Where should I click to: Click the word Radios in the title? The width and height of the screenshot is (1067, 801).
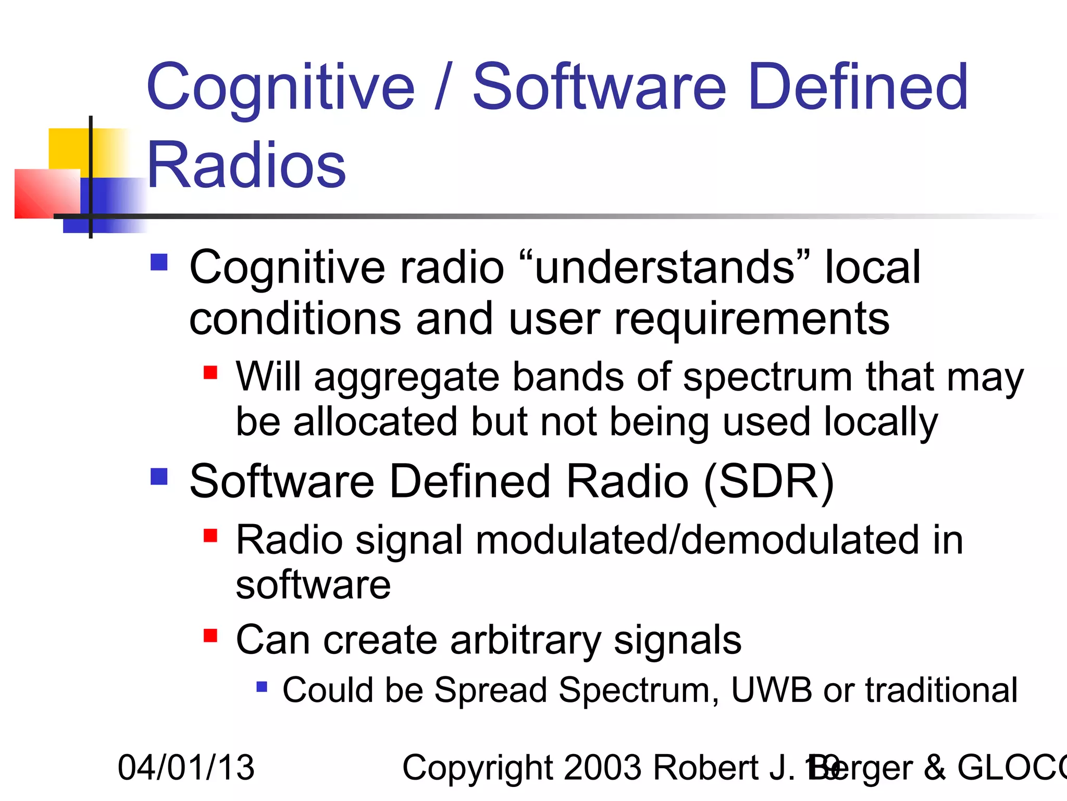[246, 166]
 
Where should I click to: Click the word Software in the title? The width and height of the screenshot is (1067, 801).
[599, 87]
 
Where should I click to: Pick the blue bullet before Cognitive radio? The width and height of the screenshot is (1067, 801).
[158, 262]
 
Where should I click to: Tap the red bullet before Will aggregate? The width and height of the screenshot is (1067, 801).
[210, 372]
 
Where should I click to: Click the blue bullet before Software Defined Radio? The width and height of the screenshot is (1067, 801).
[158, 476]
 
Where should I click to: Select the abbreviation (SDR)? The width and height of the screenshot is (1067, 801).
[769, 481]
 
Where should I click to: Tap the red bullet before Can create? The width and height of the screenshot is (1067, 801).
[210, 635]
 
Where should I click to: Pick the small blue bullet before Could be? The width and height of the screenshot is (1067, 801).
[262, 686]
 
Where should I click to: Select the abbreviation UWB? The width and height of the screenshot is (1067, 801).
[771, 690]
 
